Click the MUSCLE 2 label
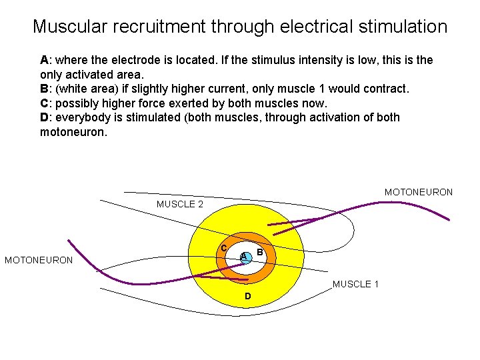[x=180, y=204]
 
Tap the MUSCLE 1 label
[x=356, y=284]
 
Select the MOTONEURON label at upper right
[x=419, y=192]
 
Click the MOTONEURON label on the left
[x=39, y=260]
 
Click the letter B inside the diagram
[x=260, y=253]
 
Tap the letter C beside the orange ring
[x=225, y=249]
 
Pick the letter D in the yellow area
[x=247, y=295]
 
